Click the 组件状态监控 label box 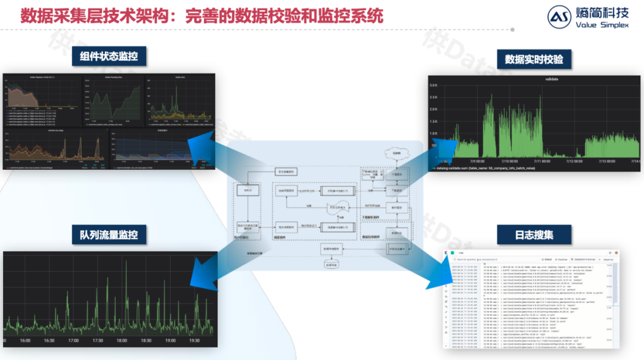pos(109,57)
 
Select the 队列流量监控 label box pos(109,234)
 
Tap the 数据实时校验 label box pos(534,60)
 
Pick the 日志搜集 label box pos(534,234)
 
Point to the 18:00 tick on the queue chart pos(121,341)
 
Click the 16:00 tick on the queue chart pos(24,341)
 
